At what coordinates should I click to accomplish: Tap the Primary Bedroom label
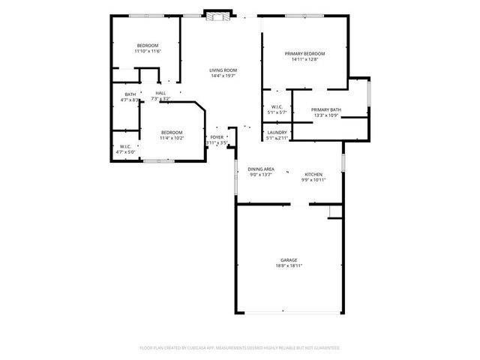pos(304,53)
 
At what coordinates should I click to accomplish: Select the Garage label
pos(289,260)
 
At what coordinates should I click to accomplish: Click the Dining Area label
pos(261,169)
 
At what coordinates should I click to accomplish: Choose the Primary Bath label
pos(325,109)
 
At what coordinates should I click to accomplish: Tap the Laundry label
pos(277,132)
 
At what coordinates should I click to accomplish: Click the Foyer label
pos(217,138)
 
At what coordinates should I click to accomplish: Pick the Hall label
pos(160,93)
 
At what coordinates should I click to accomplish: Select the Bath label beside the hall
pos(130,94)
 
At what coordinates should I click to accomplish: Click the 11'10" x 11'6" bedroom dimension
pos(148,51)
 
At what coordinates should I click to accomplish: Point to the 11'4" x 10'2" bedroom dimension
pos(172,138)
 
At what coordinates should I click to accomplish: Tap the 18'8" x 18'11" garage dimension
pos(289,266)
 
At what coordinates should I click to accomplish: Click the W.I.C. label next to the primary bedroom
pos(277,106)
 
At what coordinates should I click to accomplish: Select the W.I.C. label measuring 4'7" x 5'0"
pos(124,151)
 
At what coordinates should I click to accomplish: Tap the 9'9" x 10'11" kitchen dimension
pos(313,180)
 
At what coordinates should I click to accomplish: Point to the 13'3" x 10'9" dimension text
pos(325,115)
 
